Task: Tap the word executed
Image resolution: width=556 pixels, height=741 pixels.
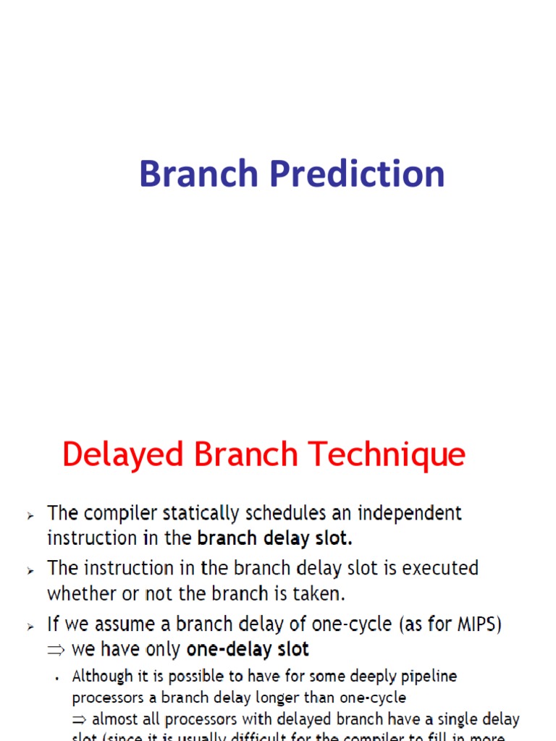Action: [x=440, y=569]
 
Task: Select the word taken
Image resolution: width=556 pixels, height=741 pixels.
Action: [x=322, y=594]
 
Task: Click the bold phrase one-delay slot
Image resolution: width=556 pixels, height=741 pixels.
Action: [x=248, y=649]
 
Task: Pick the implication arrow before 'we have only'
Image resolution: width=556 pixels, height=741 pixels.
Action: [x=56, y=650]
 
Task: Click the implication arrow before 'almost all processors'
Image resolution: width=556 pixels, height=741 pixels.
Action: [x=79, y=719]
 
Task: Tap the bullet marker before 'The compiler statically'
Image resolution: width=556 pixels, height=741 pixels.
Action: [x=30, y=515]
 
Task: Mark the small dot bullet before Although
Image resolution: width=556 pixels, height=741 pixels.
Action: [x=56, y=678]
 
